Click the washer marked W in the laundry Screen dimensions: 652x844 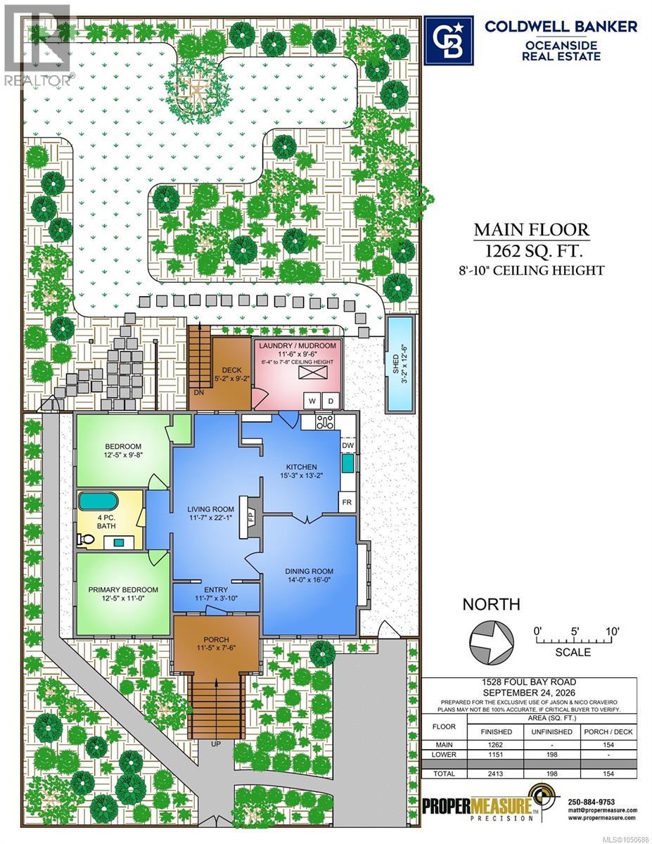coord(312,400)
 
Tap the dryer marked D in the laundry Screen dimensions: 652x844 coord(331,400)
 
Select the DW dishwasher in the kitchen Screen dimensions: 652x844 coord(347,445)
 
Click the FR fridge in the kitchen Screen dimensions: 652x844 coord(347,502)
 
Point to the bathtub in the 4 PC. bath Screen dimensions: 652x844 coord(98,501)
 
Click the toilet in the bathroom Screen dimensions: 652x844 coord(86,539)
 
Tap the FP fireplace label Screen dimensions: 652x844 coord(252,517)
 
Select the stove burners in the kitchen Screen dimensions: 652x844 coord(325,422)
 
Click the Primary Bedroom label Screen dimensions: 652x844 coord(123,589)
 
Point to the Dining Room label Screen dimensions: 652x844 coord(309,571)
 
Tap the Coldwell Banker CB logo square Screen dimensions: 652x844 coord(448,40)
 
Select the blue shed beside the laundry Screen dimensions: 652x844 coord(399,364)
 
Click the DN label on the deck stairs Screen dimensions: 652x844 coord(199,392)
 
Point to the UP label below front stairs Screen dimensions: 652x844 coord(215,743)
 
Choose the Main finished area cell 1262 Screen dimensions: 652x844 coord(495,745)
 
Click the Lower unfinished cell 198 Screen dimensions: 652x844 coord(551,754)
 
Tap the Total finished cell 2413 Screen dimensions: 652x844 coord(495,773)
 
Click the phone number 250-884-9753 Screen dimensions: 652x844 coord(592,802)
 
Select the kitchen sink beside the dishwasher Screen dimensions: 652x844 coord(348,463)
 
